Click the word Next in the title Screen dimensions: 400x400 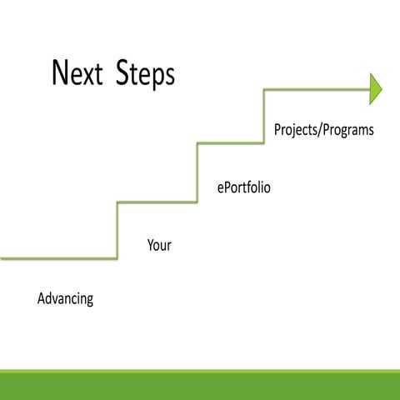coord(80,73)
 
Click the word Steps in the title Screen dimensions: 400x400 coord(144,75)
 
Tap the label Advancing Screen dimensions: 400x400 coord(65,298)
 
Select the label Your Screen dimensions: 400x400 coord(159,246)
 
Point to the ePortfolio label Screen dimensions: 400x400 coord(243,188)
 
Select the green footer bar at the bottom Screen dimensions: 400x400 coord(200,384)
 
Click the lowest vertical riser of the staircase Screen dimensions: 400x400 coord(117,229)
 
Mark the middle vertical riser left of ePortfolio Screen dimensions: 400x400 coord(197,172)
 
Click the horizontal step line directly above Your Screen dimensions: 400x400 coord(157,202)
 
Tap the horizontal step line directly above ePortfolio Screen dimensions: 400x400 coord(231,144)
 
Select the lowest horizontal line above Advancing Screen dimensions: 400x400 coord(58,258)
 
